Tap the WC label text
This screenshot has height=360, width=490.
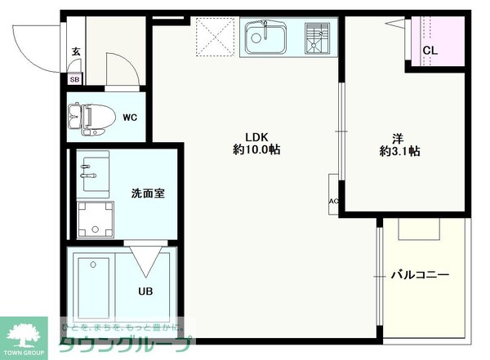[130, 117]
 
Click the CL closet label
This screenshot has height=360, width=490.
[430, 51]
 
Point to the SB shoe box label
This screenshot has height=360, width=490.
[74, 79]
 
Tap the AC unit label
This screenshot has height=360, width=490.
[333, 202]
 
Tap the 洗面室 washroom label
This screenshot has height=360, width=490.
[148, 193]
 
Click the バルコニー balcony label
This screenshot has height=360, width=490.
[419, 275]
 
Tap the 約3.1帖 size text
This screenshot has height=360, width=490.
[399, 151]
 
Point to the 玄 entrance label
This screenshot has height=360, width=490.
[75, 51]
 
